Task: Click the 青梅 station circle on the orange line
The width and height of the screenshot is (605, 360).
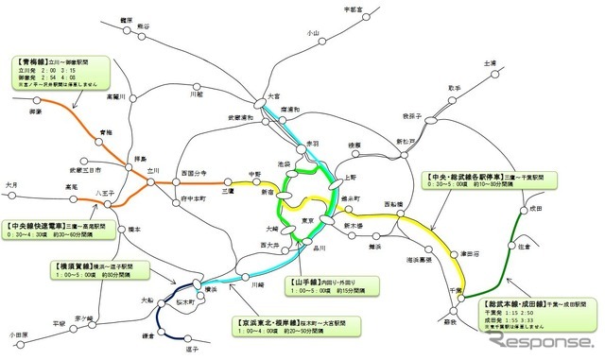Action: pos(92,142)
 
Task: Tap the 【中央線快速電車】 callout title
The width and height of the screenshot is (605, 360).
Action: pos(40,227)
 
